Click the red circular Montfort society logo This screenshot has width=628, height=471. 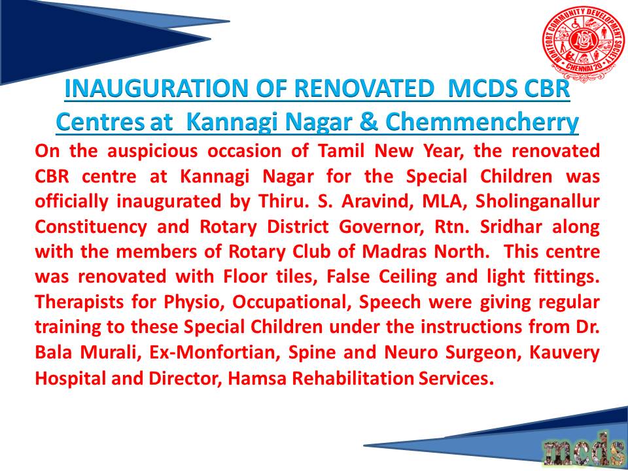pyautogui.click(x=583, y=44)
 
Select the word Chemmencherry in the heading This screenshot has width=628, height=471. pyautogui.click(x=482, y=122)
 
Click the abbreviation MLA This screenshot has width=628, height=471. pyautogui.click(x=444, y=201)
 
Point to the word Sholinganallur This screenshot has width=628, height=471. pyautogui.click(x=537, y=202)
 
